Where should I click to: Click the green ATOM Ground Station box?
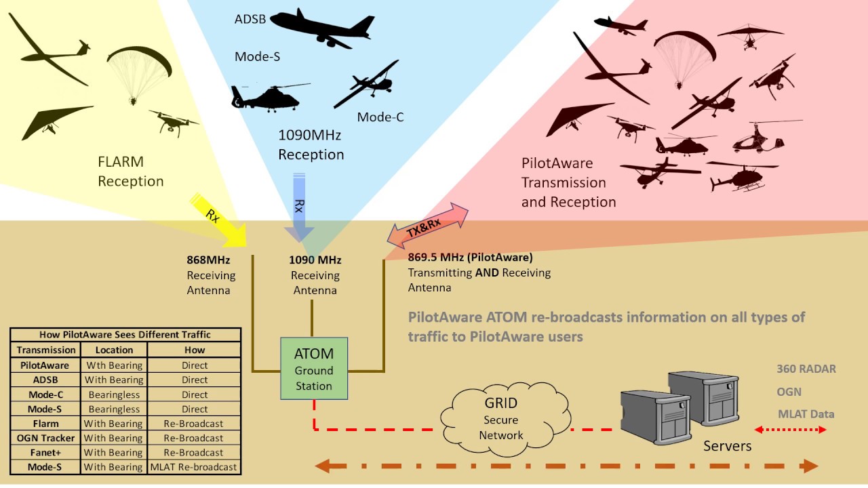point(313,369)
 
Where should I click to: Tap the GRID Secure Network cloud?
point(500,419)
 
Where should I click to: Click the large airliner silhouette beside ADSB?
point(322,27)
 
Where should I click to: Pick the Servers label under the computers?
point(727,446)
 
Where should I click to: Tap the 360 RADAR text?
point(806,369)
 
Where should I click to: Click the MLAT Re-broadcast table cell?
point(194,467)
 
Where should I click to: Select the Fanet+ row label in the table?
point(46,452)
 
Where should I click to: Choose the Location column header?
point(114,350)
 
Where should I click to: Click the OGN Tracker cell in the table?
point(46,438)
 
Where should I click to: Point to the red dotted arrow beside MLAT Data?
point(790,429)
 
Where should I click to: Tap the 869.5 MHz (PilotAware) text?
point(470,258)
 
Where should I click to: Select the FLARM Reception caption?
point(131,171)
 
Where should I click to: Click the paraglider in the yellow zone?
point(138,71)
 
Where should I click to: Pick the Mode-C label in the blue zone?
point(380,117)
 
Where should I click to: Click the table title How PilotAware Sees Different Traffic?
point(125,334)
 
